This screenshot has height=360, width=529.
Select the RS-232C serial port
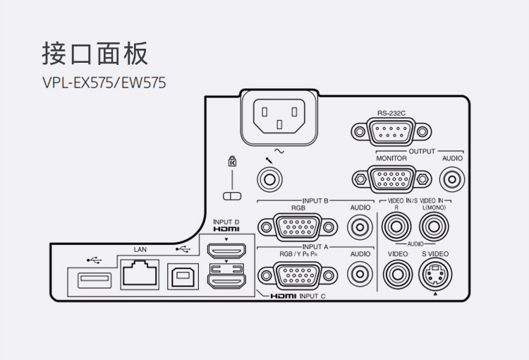pyautogui.click(x=389, y=131)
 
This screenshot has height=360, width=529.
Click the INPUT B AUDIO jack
pyautogui.click(x=360, y=227)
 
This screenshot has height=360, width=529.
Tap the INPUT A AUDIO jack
pyautogui.click(x=360, y=273)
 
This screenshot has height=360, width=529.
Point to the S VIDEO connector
pyautogui.click(x=435, y=274)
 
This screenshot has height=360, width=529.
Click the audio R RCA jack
pyautogui.click(x=397, y=227)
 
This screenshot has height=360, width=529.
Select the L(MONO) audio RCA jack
pyautogui.click(x=435, y=227)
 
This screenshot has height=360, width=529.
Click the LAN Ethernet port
pyautogui.click(x=140, y=272)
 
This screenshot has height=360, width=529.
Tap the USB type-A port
pyautogui.click(x=90, y=278)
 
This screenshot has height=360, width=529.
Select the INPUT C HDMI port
pyautogui.click(x=226, y=281)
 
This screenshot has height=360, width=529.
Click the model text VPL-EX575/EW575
pyautogui.click(x=104, y=83)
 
